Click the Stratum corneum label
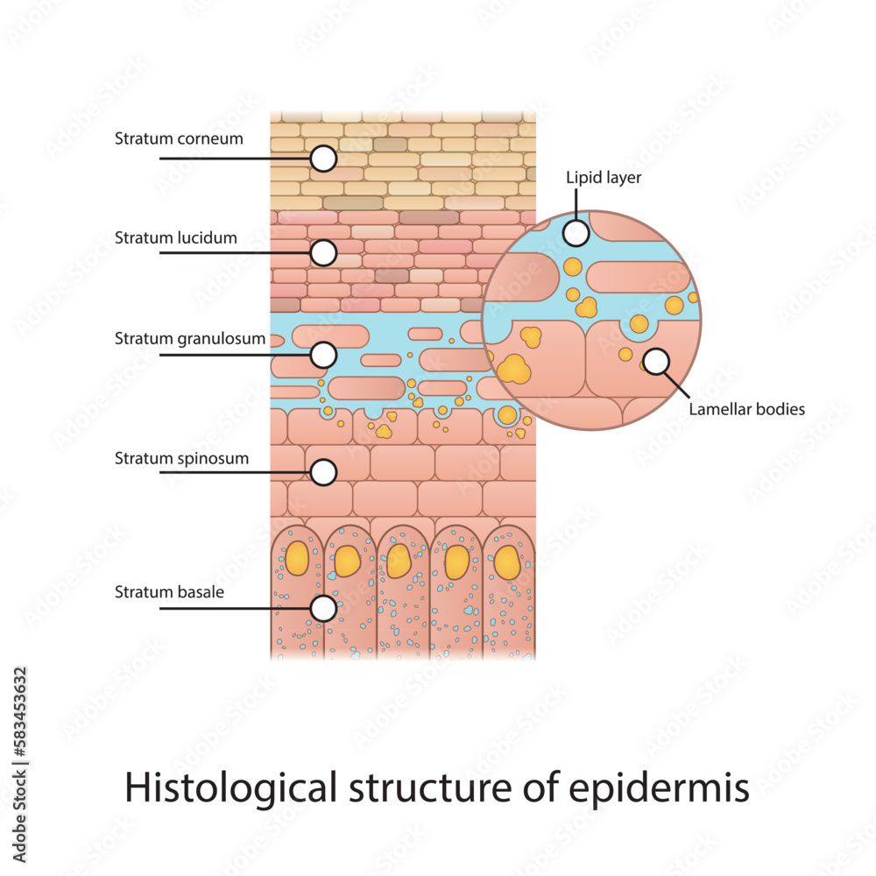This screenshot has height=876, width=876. coord(179,138)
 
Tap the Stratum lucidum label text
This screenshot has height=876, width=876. coord(175,237)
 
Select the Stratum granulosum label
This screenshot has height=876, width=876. coord(189,338)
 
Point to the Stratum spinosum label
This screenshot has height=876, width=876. coord(181,458)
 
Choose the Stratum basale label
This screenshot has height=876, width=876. coord(169,592)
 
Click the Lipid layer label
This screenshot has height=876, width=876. coord(604,178)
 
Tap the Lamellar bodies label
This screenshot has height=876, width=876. coord(746,408)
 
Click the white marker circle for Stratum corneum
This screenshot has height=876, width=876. coord(324,159)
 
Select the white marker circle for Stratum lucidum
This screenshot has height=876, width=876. coord(324,253)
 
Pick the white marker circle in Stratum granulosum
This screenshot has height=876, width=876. coord(324,355)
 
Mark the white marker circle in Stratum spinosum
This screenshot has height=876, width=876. coord(324,472)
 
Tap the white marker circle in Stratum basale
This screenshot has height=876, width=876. coord(324,607)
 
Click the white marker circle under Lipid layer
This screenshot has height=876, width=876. coord(576,233)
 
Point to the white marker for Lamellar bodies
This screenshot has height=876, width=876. coord(656,361)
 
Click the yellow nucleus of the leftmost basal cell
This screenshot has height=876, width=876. coord(297,558)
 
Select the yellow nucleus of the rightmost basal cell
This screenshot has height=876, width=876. coord(507,562)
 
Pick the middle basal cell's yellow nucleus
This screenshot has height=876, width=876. coord(400,562)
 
